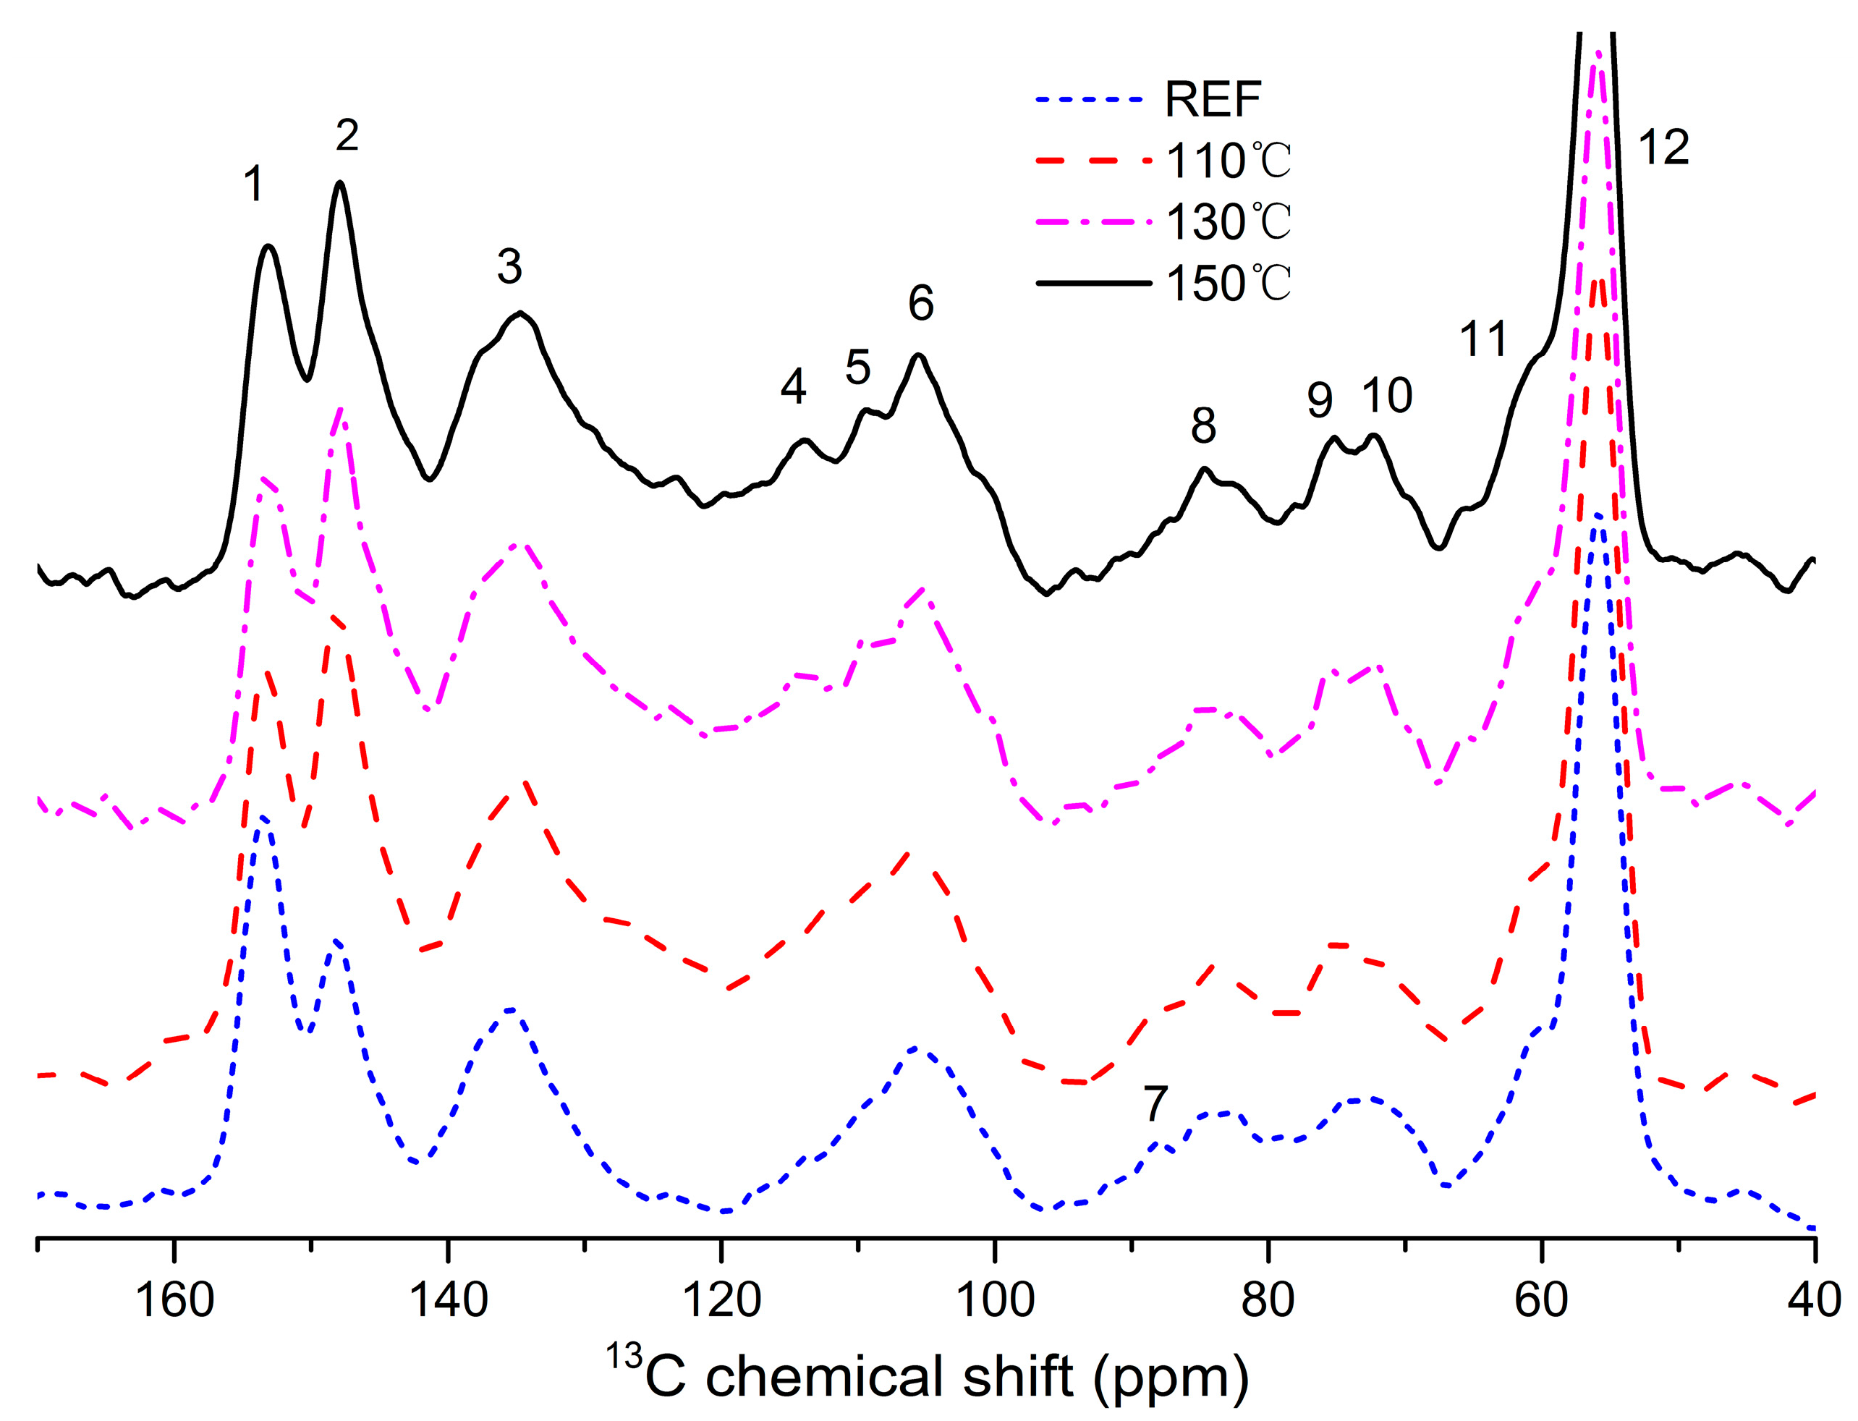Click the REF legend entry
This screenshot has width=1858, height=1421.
tap(1212, 100)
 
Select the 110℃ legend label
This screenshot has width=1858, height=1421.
tap(1228, 160)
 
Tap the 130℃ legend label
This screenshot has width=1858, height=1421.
tap(1228, 221)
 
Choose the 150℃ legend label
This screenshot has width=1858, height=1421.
tap(1228, 284)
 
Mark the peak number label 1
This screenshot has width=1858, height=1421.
tap(253, 184)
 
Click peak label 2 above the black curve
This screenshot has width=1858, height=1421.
tap(347, 135)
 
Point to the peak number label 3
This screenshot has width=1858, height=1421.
tap(509, 266)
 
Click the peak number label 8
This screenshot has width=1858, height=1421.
tap(1202, 425)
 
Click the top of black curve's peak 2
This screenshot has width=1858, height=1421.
tap(340, 183)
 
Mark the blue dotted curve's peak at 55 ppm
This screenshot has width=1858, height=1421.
tap(1597, 514)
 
